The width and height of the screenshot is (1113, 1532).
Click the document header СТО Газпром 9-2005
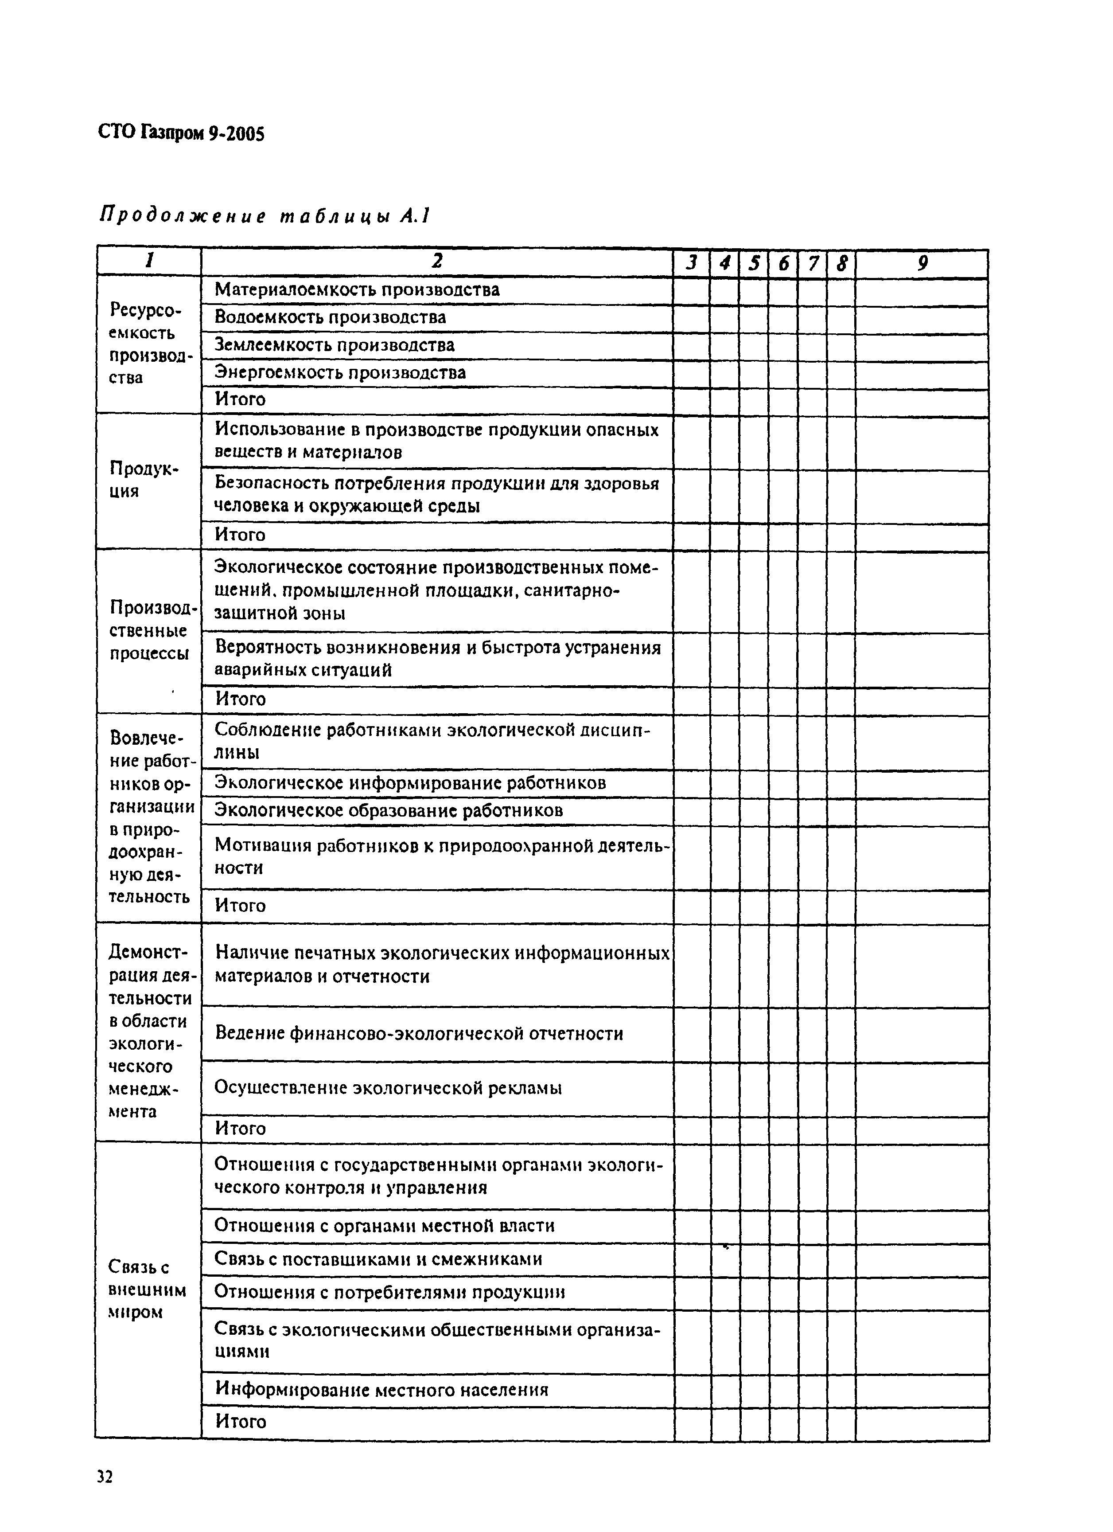181,134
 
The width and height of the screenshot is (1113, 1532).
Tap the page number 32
105,1476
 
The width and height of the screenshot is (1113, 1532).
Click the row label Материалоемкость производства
357,290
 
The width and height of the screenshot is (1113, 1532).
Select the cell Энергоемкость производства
340,372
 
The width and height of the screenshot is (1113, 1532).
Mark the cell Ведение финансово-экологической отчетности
419,1033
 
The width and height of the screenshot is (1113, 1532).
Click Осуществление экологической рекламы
388,1087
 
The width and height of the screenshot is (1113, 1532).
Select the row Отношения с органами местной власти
384,1225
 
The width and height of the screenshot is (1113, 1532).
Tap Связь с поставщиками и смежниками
378,1258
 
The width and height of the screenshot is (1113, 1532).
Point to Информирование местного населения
381,1389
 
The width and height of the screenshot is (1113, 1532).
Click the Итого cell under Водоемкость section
241,399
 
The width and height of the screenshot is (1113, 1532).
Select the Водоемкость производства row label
330,317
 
